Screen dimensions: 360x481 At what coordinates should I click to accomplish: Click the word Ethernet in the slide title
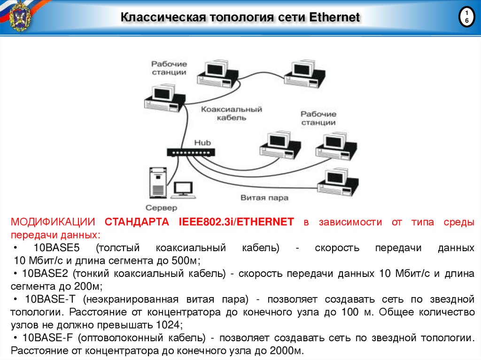(334, 18)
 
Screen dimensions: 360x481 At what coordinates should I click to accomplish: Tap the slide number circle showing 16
(466, 18)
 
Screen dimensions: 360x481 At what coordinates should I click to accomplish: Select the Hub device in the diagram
(191, 152)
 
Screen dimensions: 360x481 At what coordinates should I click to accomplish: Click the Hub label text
(203, 142)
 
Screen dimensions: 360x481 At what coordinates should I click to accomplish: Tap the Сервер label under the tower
(161, 207)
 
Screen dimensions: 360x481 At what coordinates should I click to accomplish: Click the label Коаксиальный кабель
(232, 113)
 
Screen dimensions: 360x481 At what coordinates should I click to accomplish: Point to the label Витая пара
(264, 198)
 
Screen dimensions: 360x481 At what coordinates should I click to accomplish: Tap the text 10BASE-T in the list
(46, 299)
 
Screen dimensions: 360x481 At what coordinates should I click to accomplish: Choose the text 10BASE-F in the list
(46, 337)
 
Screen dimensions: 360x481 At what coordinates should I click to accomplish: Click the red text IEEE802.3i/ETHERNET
(236, 222)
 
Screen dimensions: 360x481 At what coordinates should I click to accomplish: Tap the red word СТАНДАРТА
(137, 222)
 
